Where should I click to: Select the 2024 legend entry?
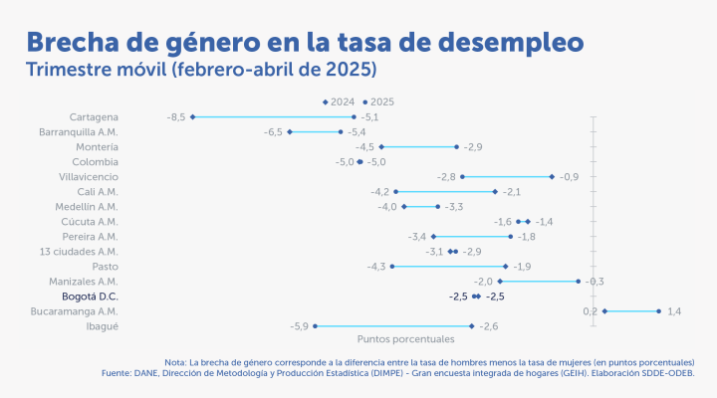341,101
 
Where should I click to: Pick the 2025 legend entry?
379,101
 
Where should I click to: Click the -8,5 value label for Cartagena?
176,116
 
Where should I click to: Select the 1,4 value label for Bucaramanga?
674,310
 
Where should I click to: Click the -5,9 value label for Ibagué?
299,325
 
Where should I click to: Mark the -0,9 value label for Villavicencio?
569,176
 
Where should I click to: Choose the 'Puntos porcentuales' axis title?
405,339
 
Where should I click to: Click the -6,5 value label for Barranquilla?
274,131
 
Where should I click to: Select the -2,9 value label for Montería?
473,146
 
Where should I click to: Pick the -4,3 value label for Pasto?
376,266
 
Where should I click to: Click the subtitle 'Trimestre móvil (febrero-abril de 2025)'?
201,71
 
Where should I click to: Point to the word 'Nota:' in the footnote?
176,361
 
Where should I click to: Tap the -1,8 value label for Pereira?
527,236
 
